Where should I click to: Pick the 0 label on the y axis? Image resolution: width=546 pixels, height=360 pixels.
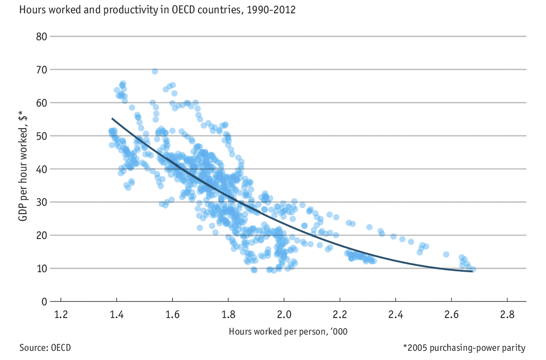click(x=44, y=302)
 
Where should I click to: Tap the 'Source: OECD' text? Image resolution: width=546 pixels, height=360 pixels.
click(x=45, y=347)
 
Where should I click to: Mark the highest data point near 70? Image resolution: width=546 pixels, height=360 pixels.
click(x=155, y=71)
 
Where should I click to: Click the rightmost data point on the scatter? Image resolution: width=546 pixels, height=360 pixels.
click(x=473, y=269)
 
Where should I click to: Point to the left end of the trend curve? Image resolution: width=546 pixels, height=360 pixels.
click(x=112, y=118)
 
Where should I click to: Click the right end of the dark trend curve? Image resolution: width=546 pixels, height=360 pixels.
click(x=472, y=271)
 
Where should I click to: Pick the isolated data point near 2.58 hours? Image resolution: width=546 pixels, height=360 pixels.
click(x=446, y=254)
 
